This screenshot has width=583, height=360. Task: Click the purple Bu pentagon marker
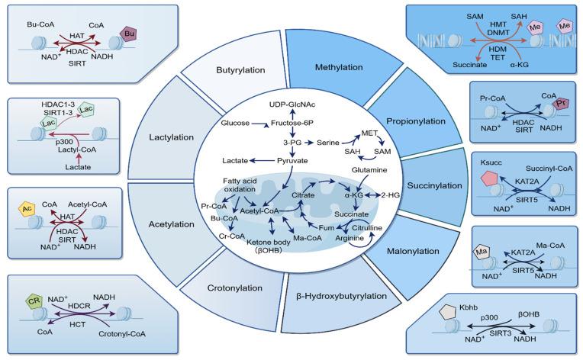click(131, 34)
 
